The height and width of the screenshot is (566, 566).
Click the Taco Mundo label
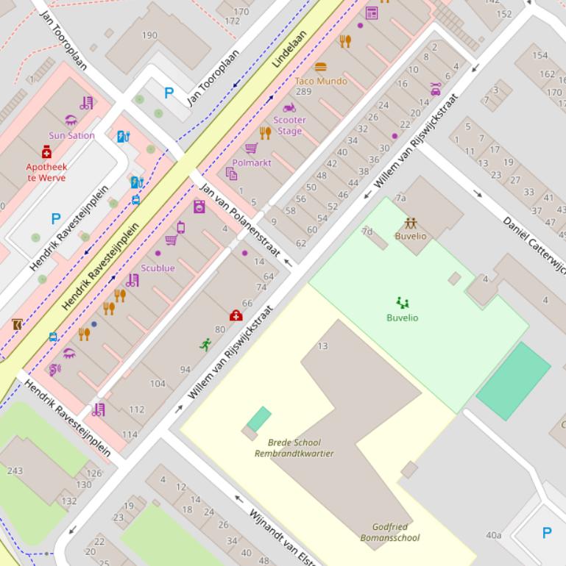(x=321, y=81)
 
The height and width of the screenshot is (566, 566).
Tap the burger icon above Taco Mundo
(x=320, y=68)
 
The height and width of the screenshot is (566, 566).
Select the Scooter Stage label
(x=289, y=126)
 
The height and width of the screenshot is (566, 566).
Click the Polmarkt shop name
(x=252, y=162)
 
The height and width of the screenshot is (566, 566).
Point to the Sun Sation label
(x=71, y=135)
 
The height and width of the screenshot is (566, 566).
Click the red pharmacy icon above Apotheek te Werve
(x=46, y=151)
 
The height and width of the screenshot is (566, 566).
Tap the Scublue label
(x=158, y=268)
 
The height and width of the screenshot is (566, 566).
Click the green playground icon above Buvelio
(x=402, y=302)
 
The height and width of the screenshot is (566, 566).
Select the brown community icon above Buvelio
(x=410, y=222)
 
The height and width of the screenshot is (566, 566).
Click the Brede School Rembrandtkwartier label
(x=294, y=448)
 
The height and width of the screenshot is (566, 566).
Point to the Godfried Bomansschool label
(x=390, y=532)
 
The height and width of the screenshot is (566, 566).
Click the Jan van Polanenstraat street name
(x=239, y=221)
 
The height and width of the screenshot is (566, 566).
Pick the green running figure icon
(x=205, y=344)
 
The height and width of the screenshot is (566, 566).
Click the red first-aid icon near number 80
(x=236, y=315)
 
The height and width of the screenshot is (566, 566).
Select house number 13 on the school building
(x=322, y=346)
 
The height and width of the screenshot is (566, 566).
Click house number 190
(x=149, y=35)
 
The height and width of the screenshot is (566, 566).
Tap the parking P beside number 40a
(x=546, y=533)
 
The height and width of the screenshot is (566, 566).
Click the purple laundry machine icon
(x=199, y=207)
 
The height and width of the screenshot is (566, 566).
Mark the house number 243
(x=15, y=470)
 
